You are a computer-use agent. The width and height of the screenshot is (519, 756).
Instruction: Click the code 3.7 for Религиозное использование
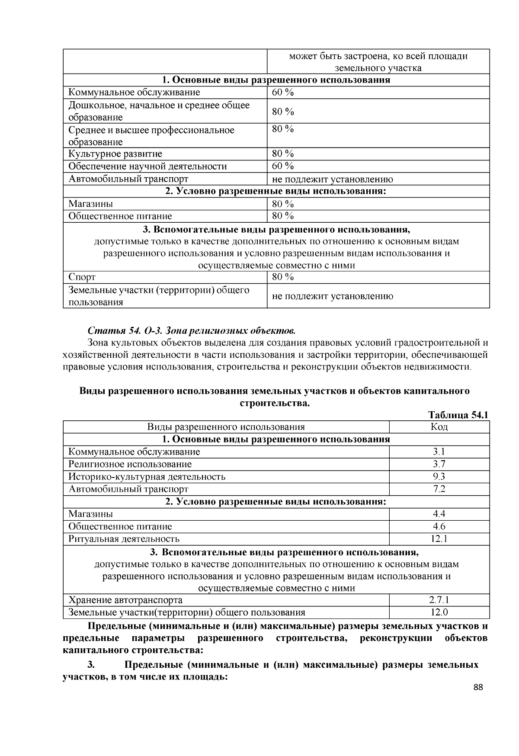pyautogui.click(x=439, y=464)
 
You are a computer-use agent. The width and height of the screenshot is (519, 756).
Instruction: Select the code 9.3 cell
pyautogui.click(x=439, y=477)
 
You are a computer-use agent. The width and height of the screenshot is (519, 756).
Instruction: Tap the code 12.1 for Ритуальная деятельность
pyautogui.click(x=439, y=539)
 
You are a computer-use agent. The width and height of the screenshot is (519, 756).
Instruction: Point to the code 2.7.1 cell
pyautogui.click(x=439, y=600)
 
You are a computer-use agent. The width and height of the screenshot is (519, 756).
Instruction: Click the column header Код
pyautogui.click(x=439, y=427)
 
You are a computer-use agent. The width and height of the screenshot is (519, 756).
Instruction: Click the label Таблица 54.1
pyautogui.click(x=458, y=415)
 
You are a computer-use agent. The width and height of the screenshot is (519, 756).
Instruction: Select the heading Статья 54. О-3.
pyautogui.click(x=192, y=331)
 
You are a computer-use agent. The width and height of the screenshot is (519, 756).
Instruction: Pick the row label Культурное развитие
pyautogui.click(x=115, y=154)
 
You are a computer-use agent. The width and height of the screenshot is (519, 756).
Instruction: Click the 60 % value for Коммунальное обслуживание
pyautogui.click(x=283, y=92)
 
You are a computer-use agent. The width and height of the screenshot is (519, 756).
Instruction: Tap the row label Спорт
pyautogui.click(x=82, y=277)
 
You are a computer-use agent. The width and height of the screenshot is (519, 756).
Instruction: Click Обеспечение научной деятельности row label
pyautogui.click(x=147, y=166)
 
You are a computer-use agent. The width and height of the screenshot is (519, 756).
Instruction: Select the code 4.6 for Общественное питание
pyautogui.click(x=439, y=526)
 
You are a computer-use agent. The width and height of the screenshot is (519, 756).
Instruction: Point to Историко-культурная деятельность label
pyautogui.click(x=147, y=477)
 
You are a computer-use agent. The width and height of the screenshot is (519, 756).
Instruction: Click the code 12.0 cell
pyautogui.click(x=439, y=612)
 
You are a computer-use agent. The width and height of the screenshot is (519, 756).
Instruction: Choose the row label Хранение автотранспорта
pyautogui.click(x=125, y=600)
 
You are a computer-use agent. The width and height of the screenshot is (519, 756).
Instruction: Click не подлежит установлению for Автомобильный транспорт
pyautogui.click(x=332, y=179)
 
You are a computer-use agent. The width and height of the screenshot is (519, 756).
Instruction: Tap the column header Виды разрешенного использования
pyautogui.click(x=226, y=427)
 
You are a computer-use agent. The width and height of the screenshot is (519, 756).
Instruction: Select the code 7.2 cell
pyautogui.click(x=439, y=489)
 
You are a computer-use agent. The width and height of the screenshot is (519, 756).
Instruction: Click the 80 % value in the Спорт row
pyautogui.click(x=283, y=277)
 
